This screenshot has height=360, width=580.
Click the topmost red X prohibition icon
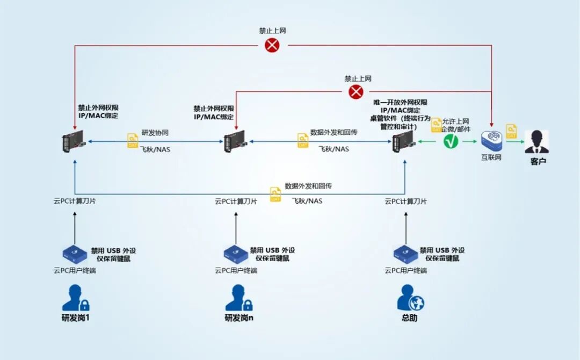[272, 45]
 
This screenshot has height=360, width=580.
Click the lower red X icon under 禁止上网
[356, 92]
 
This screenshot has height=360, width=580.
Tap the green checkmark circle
[451, 142]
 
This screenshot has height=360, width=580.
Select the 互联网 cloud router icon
[491, 140]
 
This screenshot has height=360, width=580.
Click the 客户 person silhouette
[536, 142]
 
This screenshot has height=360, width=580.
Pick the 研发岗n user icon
[238, 298]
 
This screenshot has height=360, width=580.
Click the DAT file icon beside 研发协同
[133, 141]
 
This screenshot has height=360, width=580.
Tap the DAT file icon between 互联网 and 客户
[512, 130]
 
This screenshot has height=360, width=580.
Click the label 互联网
[491, 158]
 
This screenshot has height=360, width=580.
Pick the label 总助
[409, 318]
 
